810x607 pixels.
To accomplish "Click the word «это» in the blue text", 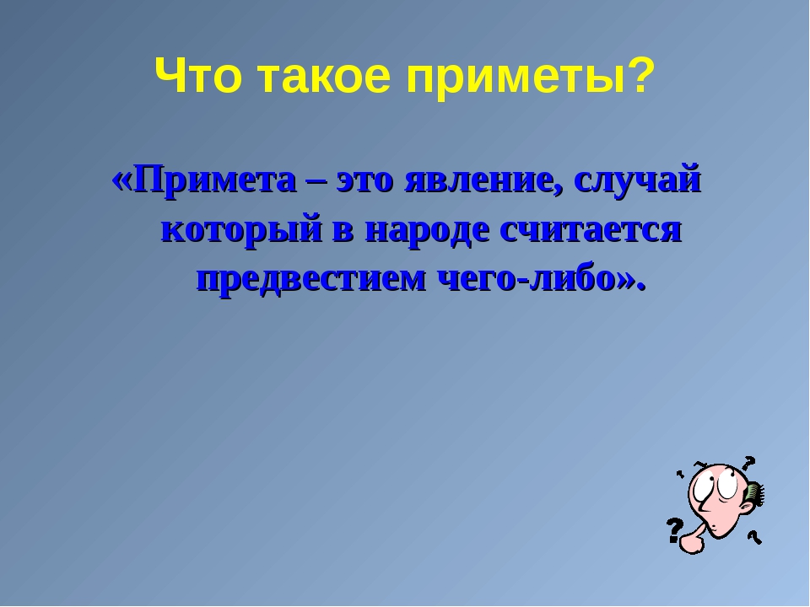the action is point(364,183).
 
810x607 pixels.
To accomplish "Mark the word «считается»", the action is point(591,231).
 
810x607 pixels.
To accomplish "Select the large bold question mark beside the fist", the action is point(675,530).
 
